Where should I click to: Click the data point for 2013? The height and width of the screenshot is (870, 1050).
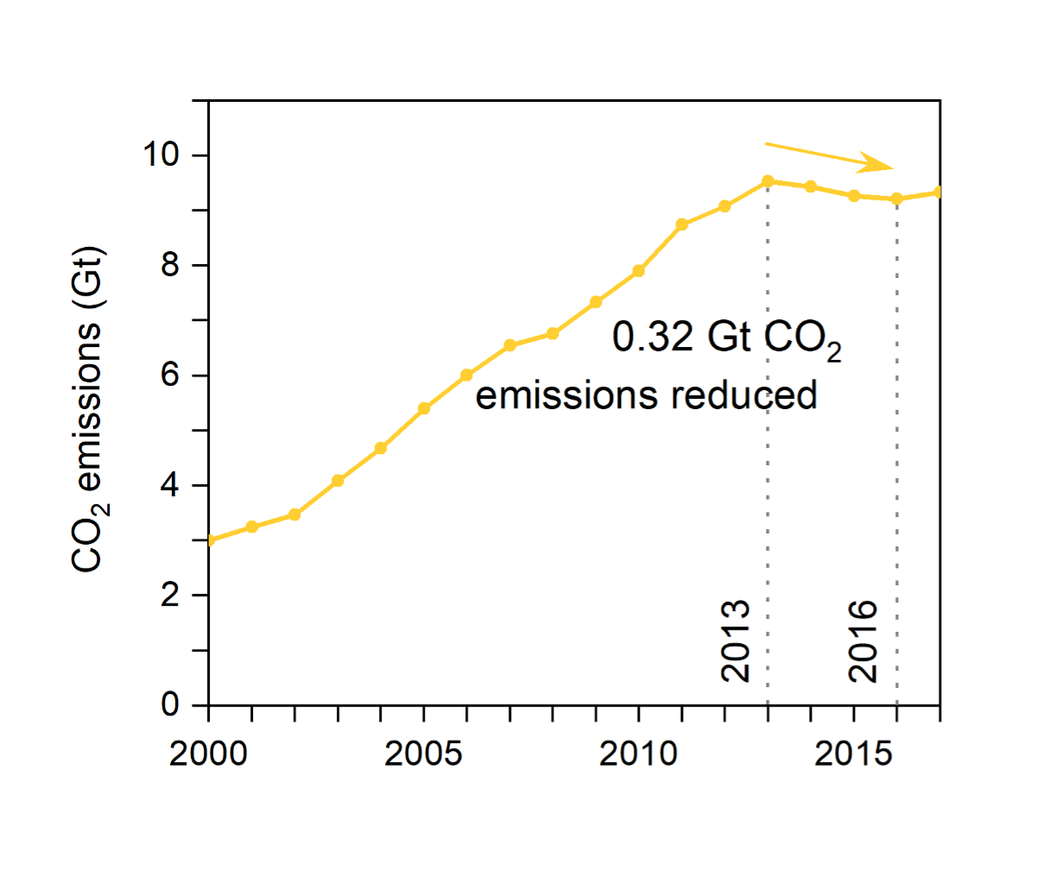pos(768,181)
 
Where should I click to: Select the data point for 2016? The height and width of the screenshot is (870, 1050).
pos(897,199)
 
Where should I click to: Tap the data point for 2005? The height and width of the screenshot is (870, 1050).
pos(424,408)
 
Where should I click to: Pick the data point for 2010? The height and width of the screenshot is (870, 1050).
pos(639,271)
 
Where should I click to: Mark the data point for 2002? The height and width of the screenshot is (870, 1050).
pos(294,514)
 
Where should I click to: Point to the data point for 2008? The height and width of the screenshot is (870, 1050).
pos(553,333)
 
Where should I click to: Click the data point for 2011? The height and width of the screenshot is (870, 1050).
pos(682,224)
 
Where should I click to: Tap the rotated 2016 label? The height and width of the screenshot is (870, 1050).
pos(863,641)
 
